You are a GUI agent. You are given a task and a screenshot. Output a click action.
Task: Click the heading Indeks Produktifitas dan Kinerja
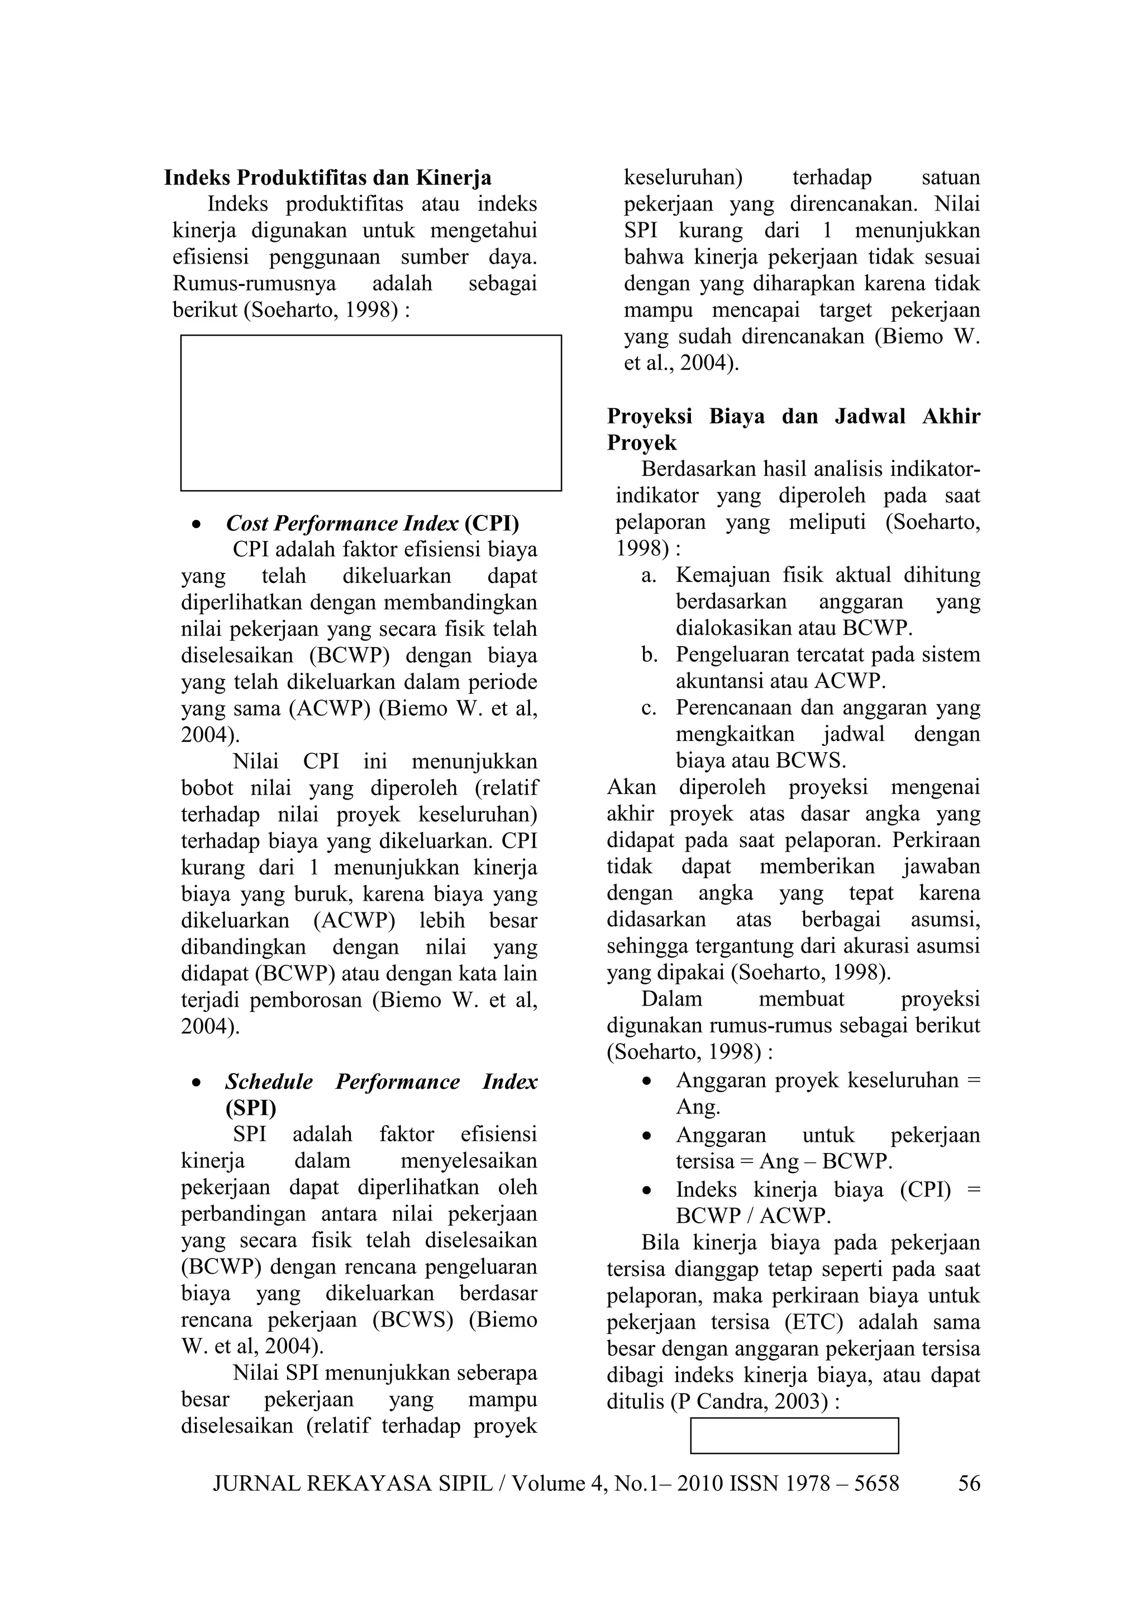(x=327, y=178)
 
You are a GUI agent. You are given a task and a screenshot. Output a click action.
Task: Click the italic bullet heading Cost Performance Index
(x=342, y=523)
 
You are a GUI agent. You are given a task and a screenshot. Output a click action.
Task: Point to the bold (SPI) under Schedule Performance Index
(x=251, y=1108)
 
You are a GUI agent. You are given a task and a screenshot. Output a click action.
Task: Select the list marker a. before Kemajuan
(x=648, y=576)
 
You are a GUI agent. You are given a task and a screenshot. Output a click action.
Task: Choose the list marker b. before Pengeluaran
(x=648, y=655)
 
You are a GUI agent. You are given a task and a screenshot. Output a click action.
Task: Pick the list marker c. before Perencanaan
(x=648, y=708)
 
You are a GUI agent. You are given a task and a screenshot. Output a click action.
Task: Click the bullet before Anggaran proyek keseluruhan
(x=646, y=1081)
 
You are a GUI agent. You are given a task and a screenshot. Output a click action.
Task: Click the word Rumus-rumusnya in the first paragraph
(x=254, y=284)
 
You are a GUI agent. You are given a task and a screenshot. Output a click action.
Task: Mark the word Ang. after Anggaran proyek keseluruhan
(x=697, y=1107)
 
